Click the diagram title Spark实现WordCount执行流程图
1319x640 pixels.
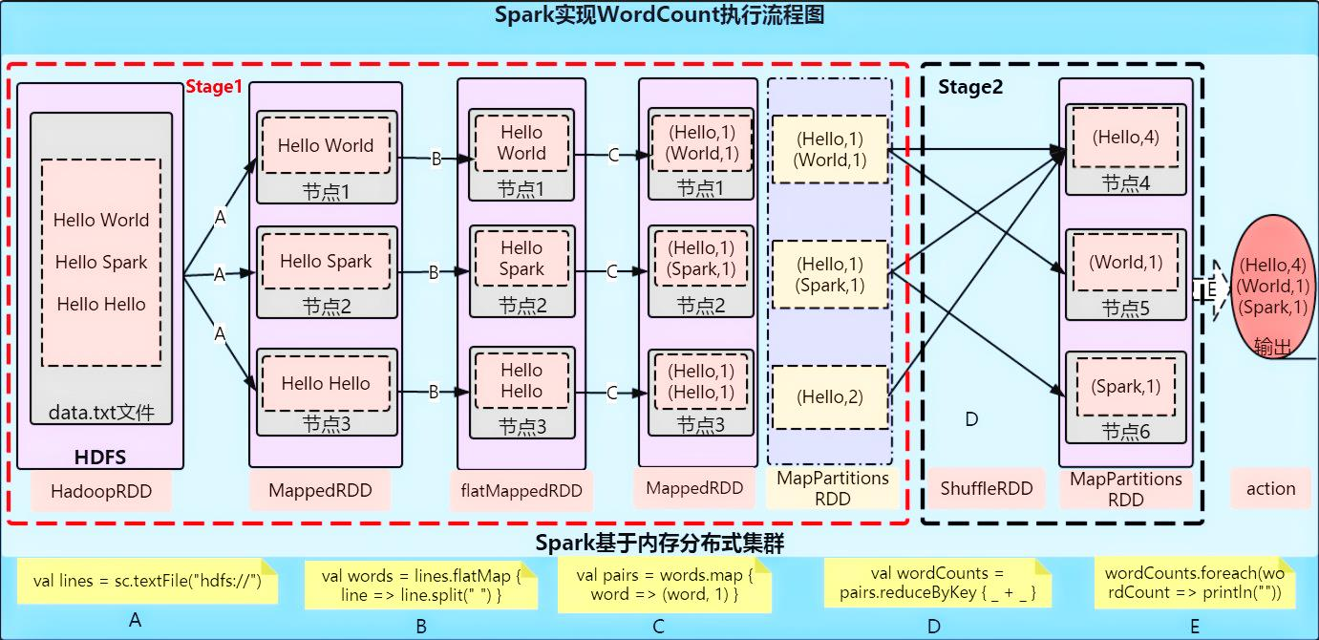click(x=659, y=15)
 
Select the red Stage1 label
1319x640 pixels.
click(x=214, y=87)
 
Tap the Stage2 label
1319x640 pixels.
click(x=970, y=88)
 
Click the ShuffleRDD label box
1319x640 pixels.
click(x=987, y=488)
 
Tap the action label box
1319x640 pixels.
click(x=1270, y=488)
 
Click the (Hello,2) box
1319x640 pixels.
click(x=829, y=396)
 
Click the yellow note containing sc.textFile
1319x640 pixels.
click(x=147, y=582)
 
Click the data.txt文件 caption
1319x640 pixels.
click(x=100, y=414)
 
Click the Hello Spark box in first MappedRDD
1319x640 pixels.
click(x=326, y=261)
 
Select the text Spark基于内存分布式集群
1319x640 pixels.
click(x=659, y=544)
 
